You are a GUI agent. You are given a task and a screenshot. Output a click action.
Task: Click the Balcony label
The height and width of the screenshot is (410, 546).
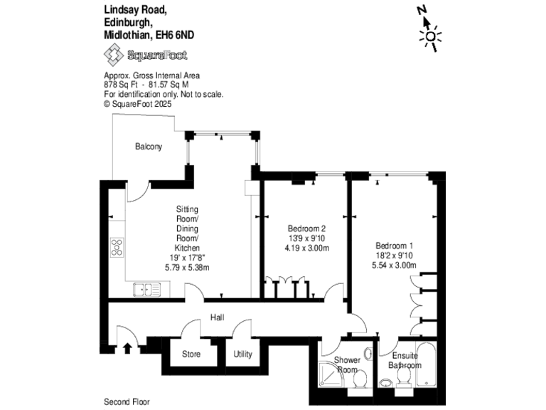click(x=149, y=147)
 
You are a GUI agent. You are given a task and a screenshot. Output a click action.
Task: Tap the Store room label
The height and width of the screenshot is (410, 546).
click(x=191, y=354)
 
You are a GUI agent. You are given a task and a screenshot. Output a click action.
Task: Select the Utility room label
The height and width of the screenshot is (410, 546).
click(x=244, y=354)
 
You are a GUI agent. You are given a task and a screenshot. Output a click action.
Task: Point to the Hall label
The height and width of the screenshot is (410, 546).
click(x=218, y=318)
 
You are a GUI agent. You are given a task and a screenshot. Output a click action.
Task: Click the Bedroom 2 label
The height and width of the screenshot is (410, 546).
click(x=308, y=228)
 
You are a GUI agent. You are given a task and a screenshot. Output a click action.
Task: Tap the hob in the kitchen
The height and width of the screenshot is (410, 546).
click(x=117, y=247)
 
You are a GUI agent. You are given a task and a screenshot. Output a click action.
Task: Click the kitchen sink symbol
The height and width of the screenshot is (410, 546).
click(x=147, y=289)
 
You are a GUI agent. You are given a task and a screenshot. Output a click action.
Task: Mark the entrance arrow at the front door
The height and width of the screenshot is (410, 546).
click(x=127, y=347)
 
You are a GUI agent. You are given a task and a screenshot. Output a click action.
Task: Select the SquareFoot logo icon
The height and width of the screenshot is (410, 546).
click(x=113, y=55)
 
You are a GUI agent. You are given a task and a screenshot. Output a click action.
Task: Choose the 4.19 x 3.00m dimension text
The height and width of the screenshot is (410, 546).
click(x=308, y=248)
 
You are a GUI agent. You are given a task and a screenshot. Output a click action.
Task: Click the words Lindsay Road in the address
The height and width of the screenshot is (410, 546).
click(x=136, y=10)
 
